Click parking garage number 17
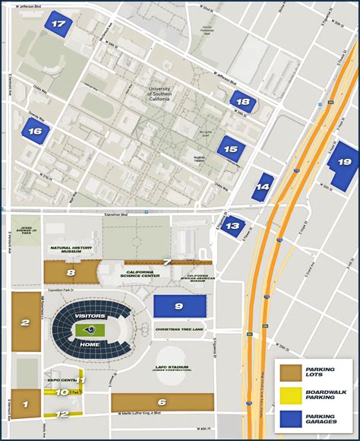click(58, 24)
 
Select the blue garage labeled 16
click(35, 132)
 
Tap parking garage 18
click(243, 101)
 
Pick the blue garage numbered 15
click(232, 149)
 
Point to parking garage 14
click(263, 186)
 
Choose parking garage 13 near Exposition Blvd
click(234, 225)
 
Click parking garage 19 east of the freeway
click(344, 162)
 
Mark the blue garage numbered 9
click(179, 306)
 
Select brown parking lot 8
click(71, 271)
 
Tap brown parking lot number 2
click(26, 322)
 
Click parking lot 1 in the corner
click(25, 405)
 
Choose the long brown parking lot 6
click(162, 402)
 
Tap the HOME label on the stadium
click(90, 344)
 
